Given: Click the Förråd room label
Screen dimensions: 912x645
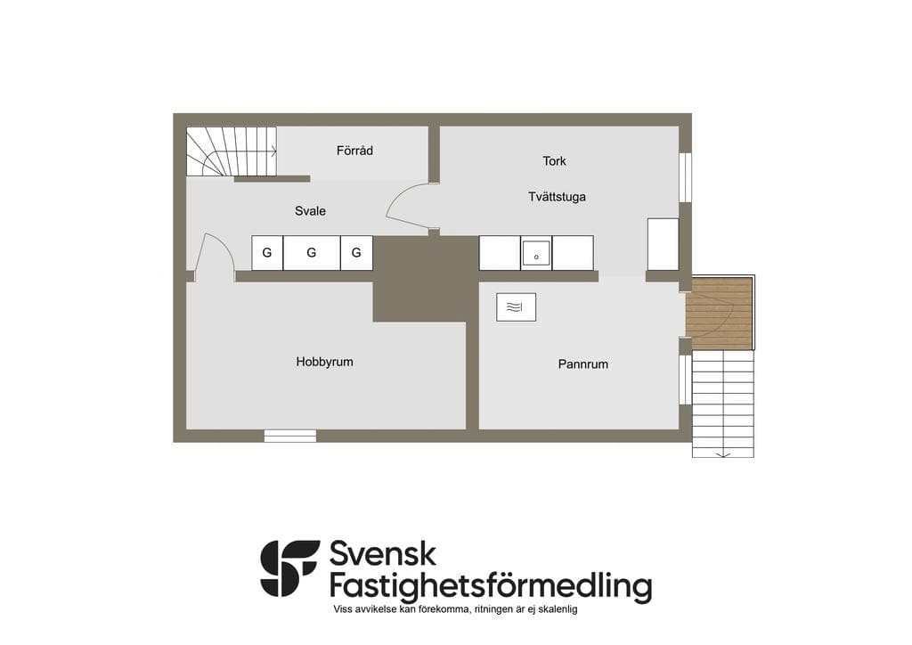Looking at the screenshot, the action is coord(354,151).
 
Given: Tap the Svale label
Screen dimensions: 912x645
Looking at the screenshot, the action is coord(310,211).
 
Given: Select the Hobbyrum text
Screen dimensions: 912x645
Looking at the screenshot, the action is coord(324,362).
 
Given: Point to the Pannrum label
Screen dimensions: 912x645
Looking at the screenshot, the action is coord(582,364).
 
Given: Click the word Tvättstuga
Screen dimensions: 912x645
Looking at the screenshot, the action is coord(557,197).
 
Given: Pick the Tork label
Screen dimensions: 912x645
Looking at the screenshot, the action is coord(554,161).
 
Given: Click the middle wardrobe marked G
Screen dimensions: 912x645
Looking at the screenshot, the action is coord(311,253).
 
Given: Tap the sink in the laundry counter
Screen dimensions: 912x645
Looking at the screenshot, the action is coord(535,254).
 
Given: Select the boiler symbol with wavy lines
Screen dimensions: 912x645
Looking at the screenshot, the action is coord(516,307).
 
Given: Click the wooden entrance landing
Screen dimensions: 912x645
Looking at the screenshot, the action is coord(720,314).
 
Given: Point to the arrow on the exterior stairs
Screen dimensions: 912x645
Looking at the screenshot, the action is coord(723,453).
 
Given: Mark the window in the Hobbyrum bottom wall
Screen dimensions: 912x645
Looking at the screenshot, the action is coord(290,436).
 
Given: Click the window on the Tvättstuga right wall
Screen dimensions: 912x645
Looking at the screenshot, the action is coord(686,177).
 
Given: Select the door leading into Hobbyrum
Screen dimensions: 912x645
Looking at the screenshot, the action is coord(214,257).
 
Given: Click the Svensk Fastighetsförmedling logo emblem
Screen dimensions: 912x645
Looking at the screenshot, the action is coord(289,568).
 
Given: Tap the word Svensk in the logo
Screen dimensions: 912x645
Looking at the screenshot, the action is coord(383,554).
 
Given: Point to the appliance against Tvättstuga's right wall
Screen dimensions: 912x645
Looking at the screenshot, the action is coord(663,244).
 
